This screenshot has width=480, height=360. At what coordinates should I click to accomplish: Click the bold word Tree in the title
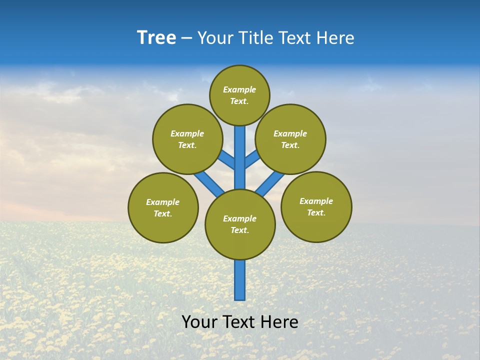[156, 38]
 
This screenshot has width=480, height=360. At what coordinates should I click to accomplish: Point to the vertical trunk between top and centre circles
[240, 157]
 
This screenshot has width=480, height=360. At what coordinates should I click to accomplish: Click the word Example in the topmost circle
[239, 89]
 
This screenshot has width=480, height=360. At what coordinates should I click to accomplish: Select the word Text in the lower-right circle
[316, 212]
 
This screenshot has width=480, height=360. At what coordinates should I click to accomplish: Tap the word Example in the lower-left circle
[162, 202]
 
